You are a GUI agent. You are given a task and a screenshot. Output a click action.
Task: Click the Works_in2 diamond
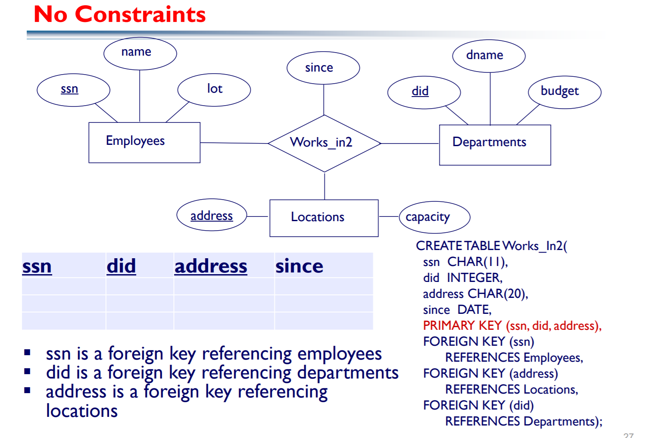coord(324,143)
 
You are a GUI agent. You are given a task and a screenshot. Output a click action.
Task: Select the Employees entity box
coord(144,142)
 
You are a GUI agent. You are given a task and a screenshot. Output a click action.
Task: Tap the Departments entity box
coord(495,145)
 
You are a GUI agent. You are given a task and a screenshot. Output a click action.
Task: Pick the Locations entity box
coord(324,218)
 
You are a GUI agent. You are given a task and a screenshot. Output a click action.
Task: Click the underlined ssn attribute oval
coord(73,90)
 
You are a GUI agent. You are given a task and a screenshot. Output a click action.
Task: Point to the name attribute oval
coord(140,53)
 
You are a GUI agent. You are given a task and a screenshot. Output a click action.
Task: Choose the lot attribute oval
coord(214,90)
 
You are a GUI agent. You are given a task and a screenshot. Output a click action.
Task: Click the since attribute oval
coord(323,68)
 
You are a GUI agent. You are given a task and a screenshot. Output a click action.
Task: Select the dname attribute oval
coord(489,56)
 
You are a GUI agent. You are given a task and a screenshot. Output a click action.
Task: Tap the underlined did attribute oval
coord(424,92)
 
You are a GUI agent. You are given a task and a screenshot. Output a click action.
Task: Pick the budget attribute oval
coord(564,92)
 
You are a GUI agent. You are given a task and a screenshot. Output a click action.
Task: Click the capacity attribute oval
coord(434,217)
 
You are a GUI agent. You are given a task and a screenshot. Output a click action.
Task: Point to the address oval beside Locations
coord(212,215)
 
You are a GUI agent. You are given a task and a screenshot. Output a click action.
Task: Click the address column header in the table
coord(211,266)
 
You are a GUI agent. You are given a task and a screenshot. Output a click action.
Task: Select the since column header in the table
coord(299,266)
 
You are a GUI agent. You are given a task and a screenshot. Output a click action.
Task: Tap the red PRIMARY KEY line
coord(512,325)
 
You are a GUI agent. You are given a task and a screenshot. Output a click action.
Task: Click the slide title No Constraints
coord(120,15)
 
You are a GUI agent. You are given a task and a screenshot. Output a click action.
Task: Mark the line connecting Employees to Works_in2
coord(234,143)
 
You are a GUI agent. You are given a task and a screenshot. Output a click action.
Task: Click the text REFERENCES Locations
coord(511,389)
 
